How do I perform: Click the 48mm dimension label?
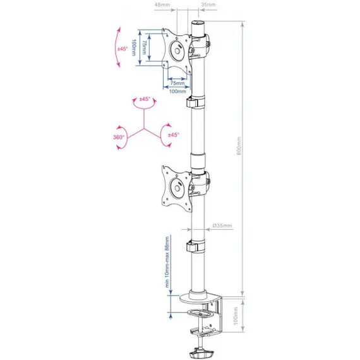[x=162, y=4]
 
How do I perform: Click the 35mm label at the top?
[x=208, y=4]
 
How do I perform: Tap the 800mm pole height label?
[x=239, y=146]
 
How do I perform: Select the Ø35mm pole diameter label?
[x=222, y=225]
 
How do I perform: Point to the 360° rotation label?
[x=119, y=137]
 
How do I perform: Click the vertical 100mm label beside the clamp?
[x=236, y=316]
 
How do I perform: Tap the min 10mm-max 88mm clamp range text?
[x=167, y=262]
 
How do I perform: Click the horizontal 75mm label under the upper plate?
[x=177, y=83]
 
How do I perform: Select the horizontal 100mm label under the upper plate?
[x=177, y=92]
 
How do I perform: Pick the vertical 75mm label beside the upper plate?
[x=144, y=48]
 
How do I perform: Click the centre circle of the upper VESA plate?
[x=177, y=51]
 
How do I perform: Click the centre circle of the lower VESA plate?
[x=177, y=188]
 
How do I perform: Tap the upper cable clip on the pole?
[x=195, y=102]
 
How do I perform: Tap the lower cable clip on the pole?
[x=195, y=246]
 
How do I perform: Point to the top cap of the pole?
[x=198, y=23]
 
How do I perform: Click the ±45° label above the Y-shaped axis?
[x=145, y=99]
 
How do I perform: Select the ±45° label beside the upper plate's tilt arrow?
[x=122, y=49]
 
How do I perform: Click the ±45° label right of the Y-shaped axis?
[x=173, y=135]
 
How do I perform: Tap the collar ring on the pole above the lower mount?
[x=198, y=162]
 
